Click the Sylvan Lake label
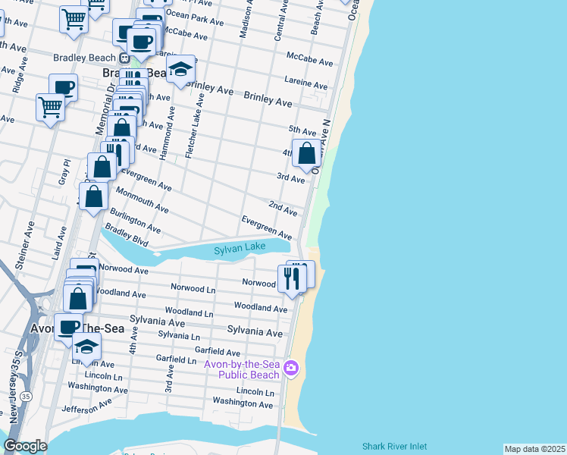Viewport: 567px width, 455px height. click(239, 249)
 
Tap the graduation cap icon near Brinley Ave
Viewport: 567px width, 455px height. click(180, 71)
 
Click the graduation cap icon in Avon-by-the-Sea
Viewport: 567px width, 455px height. click(86, 347)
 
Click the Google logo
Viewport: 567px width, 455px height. click(26, 446)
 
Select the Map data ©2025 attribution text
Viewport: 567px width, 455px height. click(534, 449)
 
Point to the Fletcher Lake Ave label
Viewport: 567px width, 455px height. click(197, 126)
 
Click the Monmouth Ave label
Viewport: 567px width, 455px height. click(142, 201)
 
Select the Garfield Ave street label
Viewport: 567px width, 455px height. click(218, 352)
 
